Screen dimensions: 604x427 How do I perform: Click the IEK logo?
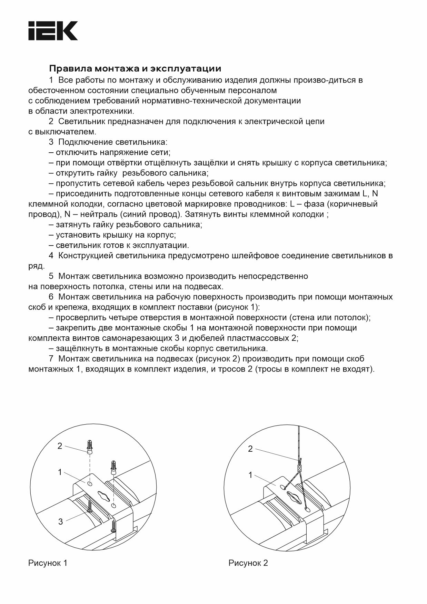(53, 31)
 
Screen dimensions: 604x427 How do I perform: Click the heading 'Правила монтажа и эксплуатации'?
(135, 68)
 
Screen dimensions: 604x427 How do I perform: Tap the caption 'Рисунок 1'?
(48, 563)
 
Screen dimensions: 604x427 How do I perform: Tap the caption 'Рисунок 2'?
(248, 563)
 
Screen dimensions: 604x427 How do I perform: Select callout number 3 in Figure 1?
(61, 521)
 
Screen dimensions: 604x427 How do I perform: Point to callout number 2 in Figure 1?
(60, 446)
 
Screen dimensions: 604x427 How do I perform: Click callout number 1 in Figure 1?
(60, 472)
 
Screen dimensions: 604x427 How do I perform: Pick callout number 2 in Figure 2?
(250, 449)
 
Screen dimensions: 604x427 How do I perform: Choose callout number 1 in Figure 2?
(251, 475)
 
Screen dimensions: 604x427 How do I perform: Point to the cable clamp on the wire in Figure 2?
(300, 468)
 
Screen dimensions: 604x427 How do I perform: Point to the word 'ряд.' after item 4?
(36, 266)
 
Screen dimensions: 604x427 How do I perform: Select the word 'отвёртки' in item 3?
(126, 163)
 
